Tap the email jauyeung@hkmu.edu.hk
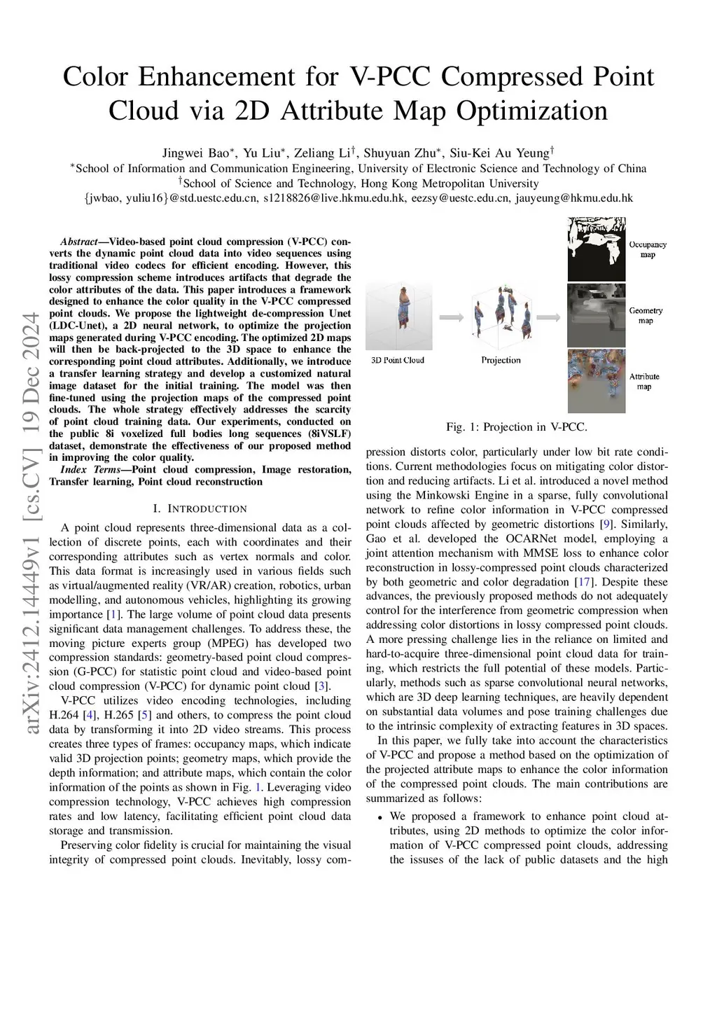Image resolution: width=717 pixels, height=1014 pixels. pyautogui.click(x=574, y=198)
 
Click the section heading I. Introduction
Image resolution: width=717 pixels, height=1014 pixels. pyautogui.click(x=200, y=508)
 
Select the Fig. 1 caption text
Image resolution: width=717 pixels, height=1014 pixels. pyautogui.click(x=517, y=426)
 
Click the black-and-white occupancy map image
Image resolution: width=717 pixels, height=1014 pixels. pyautogui.click(x=596, y=249)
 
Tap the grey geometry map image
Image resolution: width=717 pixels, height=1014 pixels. pyautogui.click(x=596, y=314)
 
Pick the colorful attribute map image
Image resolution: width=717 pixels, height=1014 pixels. pyautogui.click(x=596, y=381)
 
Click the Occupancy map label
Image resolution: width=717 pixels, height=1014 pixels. pyautogui.click(x=647, y=249)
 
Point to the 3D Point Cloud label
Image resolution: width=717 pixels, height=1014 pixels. pyautogui.click(x=397, y=361)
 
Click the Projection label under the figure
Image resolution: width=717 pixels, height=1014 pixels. pyautogui.click(x=501, y=361)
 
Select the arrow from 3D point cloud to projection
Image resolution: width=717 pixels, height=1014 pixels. pyautogui.click(x=452, y=317)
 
